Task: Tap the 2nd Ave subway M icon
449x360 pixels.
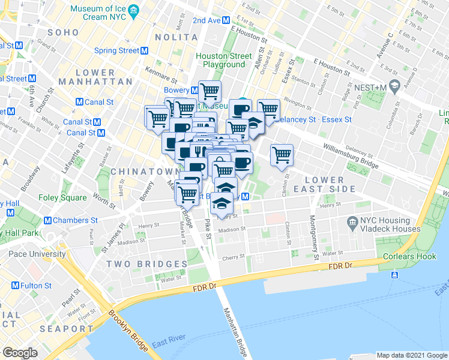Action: [x=226, y=20]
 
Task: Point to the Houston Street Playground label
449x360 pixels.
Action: [x=223, y=60]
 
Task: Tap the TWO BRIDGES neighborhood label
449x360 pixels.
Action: [x=147, y=264]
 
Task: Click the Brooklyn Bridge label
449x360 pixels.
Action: [x=130, y=329]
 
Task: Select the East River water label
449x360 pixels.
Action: [x=167, y=344]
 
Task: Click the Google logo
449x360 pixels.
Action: [x=19, y=353]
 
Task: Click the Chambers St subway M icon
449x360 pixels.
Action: [x=47, y=220]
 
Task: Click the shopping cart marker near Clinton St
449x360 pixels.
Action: [x=282, y=155]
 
